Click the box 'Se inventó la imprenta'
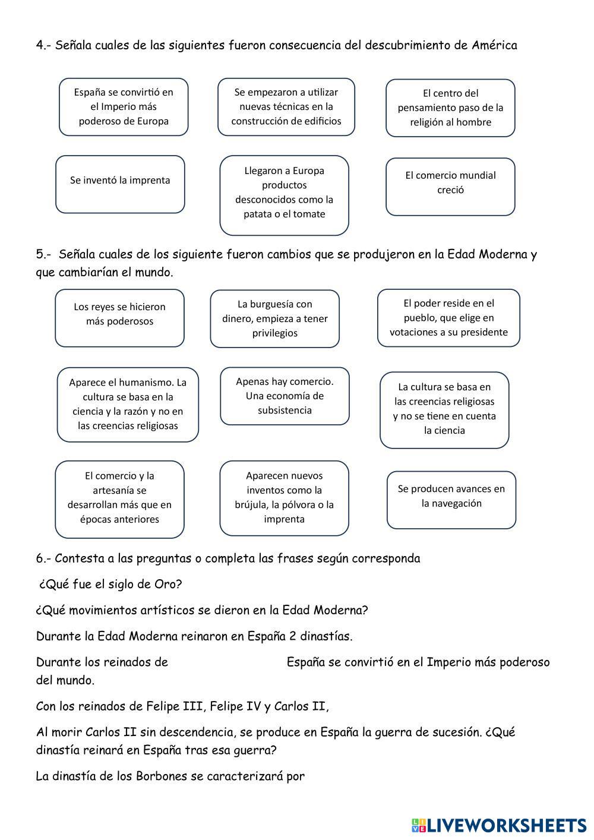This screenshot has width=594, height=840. [x=120, y=184]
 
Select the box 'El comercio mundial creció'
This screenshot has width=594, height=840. [x=450, y=187]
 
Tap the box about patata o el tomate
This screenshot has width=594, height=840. [x=284, y=195]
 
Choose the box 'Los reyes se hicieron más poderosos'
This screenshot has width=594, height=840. [x=119, y=318]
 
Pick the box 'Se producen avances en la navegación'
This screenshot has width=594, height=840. [x=451, y=500]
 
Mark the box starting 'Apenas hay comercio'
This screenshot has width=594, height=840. [x=285, y=396]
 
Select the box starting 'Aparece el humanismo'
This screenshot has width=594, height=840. [x=128, y=405]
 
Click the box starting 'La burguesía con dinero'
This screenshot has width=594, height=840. [x=274, y=319]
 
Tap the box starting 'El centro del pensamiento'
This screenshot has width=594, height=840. [x=450, y=108]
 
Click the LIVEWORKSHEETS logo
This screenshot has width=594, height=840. [x=498, y=825]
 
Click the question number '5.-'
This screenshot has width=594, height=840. [x=44, y=255]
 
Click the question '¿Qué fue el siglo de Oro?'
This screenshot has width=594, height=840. [x=110, y=584]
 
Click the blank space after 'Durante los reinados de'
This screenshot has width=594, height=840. [x=227, y=662]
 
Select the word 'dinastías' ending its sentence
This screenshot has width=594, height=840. [x=326, y=636]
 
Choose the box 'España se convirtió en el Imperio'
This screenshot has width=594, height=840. [x=124, y=107]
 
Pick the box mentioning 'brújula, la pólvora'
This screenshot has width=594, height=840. [x=284, y=498]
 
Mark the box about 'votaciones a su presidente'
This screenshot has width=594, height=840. [x=448, y=318]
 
